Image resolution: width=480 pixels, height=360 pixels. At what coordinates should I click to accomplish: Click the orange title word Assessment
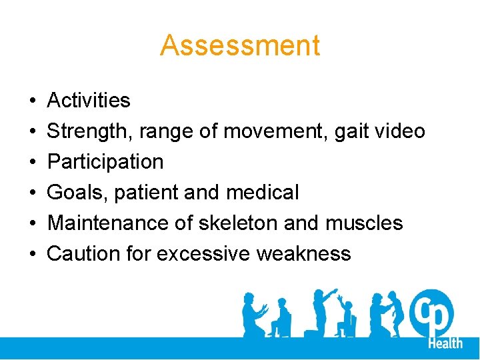(x=240, y=45)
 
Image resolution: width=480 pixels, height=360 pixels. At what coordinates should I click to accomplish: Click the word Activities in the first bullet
(x=89, y=101)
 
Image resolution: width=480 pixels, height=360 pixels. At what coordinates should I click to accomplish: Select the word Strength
(x=89, y=132)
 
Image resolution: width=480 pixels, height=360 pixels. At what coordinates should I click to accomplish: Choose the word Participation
(x=105, y=162)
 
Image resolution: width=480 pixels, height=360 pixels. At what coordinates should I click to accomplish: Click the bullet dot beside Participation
(x=33, y=162)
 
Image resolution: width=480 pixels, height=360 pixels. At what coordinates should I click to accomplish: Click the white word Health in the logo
(x=445, y=343)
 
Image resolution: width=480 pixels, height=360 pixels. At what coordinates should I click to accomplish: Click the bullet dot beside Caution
(x=33, y=253)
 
